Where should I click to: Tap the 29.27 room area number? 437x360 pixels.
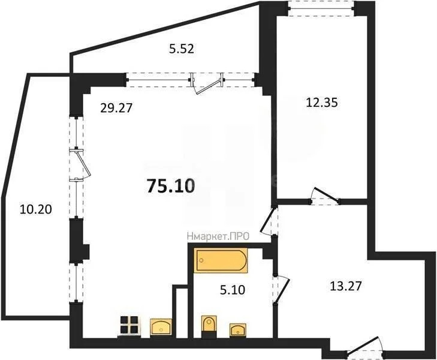116,108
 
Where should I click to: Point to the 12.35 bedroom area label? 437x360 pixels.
323,102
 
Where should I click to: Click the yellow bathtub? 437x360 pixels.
220,261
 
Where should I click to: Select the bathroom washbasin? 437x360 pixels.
239,329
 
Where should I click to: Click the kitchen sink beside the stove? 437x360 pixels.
160,326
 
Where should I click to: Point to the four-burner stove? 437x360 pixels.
128,325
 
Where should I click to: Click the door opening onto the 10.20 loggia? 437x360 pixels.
79,164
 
